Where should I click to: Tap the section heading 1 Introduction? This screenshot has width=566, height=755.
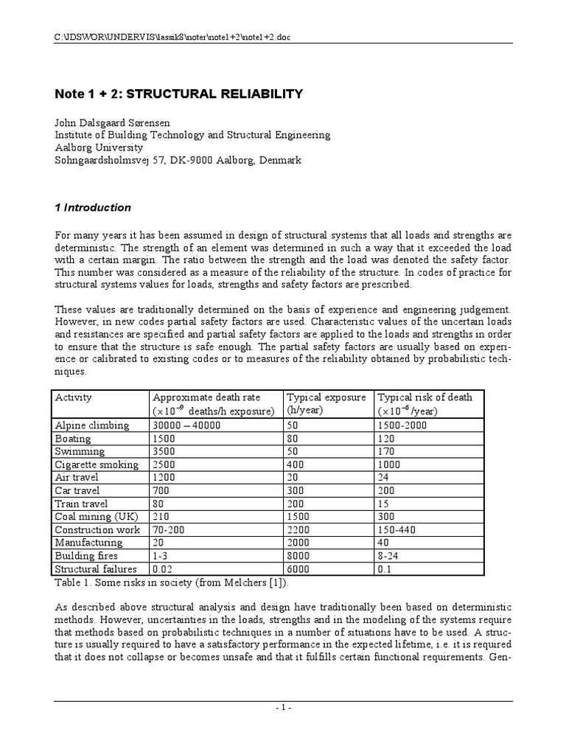(x=94, y=207)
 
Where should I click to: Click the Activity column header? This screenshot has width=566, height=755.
(x=74, y=397)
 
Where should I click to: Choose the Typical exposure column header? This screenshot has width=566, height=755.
(x=326, y=397)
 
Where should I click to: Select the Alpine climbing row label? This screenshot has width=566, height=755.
(x=92, y=425)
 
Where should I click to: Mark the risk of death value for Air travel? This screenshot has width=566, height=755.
(x=385, y=478)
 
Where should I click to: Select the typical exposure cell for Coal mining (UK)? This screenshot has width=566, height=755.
(x=299, y=517)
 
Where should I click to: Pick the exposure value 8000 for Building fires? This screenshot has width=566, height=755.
(x=299, y=556)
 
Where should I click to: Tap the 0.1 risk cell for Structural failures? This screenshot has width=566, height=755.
(x=385, y=569)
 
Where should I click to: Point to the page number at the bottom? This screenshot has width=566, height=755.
(x=283, y=709)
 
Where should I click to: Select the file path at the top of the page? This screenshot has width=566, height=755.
(x=178, y=37)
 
